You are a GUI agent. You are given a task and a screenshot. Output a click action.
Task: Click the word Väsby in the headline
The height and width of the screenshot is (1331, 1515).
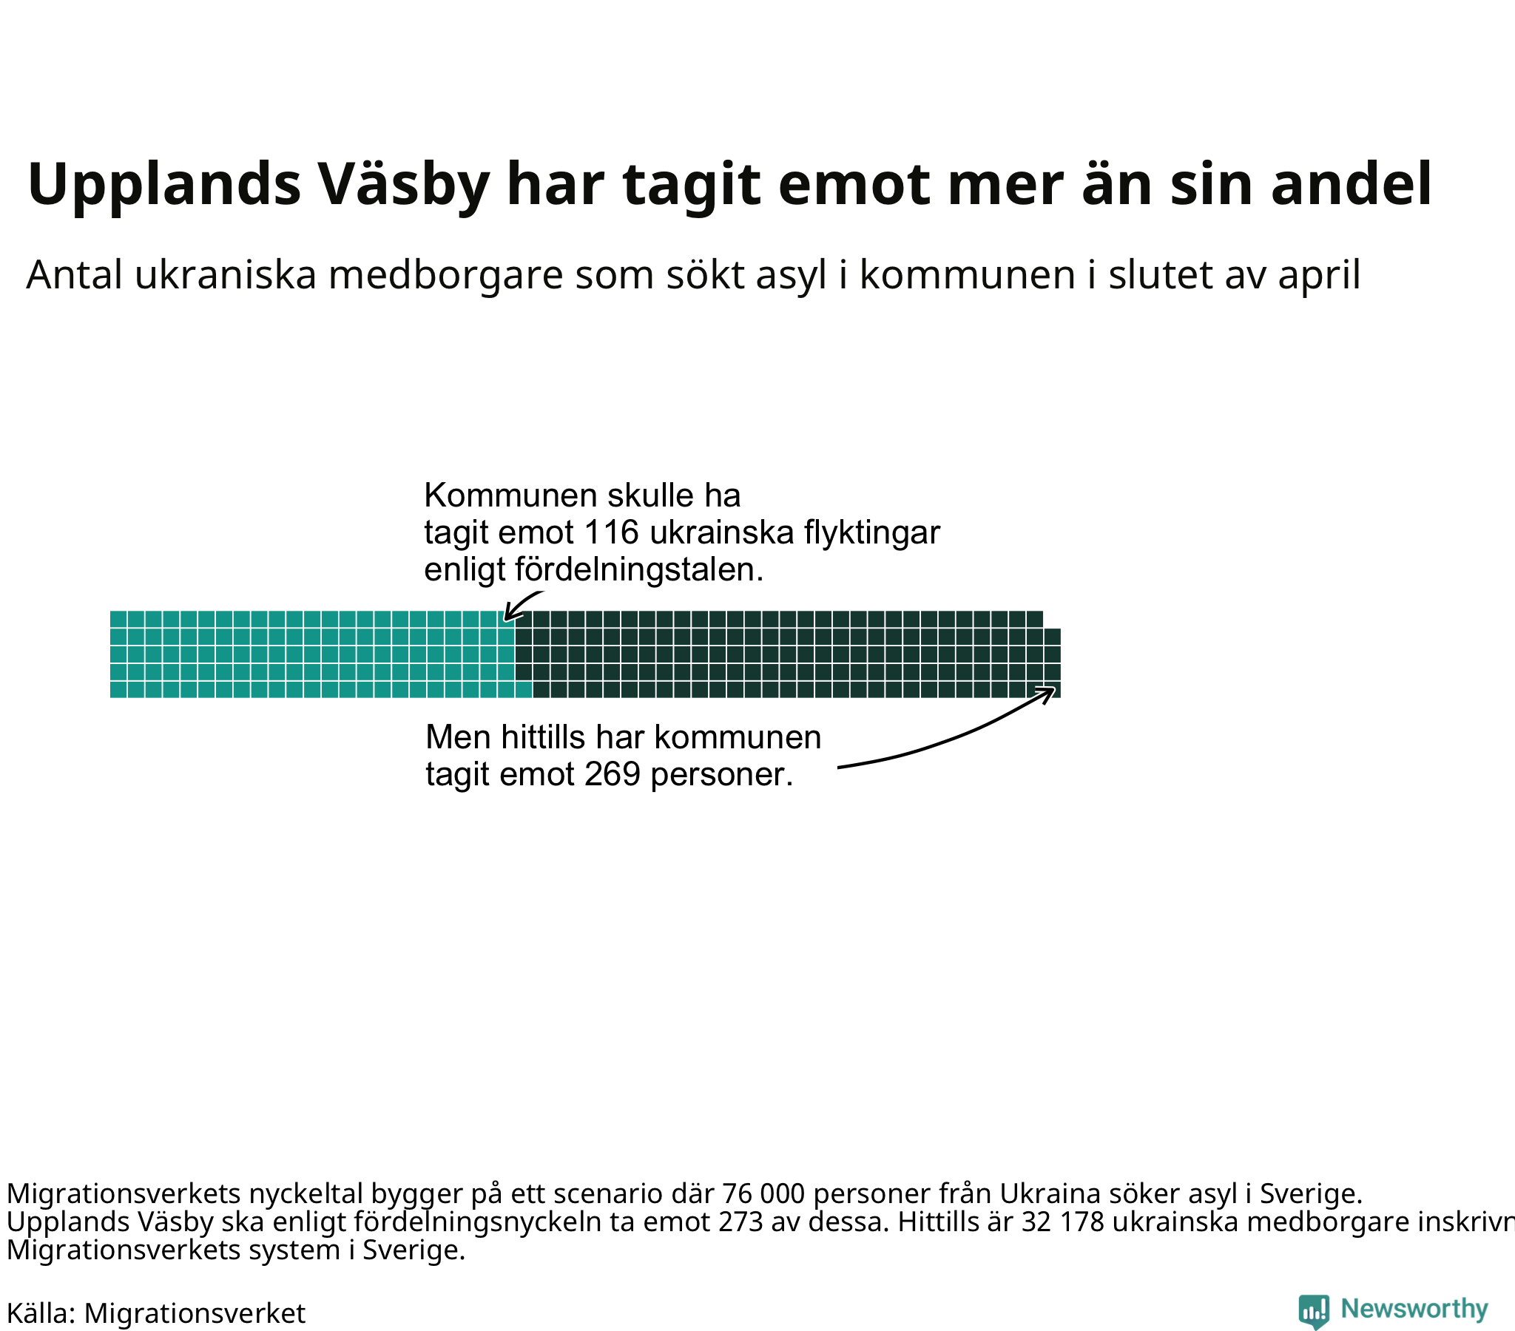(x=405, y=185)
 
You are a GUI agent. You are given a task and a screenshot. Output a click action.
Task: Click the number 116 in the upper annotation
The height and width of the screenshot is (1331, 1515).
(x=612, y=532)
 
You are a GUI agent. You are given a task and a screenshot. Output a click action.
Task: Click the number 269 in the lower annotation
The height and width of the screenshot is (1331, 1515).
(x=613, y=774)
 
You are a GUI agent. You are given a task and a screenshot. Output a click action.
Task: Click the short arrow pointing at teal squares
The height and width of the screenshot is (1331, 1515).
(x=522, y=603)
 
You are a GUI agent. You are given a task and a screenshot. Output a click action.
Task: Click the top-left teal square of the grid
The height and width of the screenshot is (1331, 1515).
(x=118, y=620)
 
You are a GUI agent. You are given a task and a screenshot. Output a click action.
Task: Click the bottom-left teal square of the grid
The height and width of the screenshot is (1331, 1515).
(x=118, y=690)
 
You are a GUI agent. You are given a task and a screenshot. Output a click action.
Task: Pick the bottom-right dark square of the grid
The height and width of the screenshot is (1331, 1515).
(x=1053, y=690)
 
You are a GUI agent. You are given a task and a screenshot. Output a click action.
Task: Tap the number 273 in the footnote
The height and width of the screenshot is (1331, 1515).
(x=741, y=1222)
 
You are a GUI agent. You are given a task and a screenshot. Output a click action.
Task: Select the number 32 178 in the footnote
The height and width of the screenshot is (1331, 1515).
(x=1063, y=1222)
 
